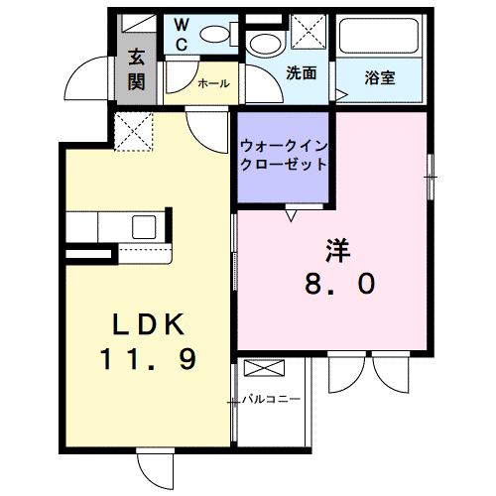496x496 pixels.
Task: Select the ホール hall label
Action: pyautogui.click(x=214, y=84)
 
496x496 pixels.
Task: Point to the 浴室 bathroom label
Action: pyautogui.click(x=380, y=76)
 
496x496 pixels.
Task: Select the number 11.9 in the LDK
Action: pyautogui.click(x=147, y=360)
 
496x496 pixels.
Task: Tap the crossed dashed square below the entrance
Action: pyautogui.click(x=131, y=130)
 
